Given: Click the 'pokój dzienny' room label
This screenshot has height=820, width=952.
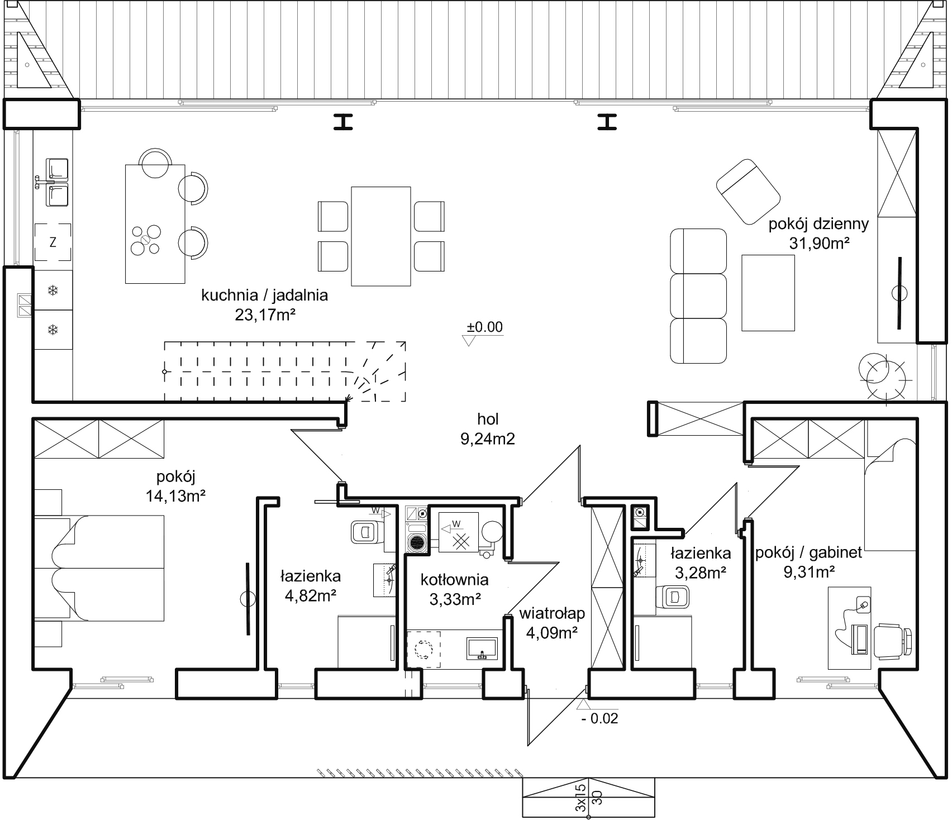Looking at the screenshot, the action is [x=818, y=225].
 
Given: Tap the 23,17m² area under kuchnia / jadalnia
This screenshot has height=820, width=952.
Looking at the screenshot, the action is [x=265, y=315].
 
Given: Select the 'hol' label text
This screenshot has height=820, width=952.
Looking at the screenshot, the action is [x=488, y=418].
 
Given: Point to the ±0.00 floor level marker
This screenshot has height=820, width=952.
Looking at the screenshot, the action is [x=484, y=327].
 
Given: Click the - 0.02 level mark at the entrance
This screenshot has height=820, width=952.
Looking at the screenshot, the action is [x=600, y=718].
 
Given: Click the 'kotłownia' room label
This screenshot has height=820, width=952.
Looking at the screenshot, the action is [x=455, y=579].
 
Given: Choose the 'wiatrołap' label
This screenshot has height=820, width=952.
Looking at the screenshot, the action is [x=552, y=613].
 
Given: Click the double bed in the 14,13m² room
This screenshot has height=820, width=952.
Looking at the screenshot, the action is [x=99, y=568].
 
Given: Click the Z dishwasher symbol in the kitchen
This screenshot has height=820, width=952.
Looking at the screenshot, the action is [x=53, y=242].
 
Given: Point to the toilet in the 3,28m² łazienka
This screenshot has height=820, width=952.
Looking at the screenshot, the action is [x=675, y=597].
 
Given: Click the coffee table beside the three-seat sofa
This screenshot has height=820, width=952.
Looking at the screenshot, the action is [x=768, y=293].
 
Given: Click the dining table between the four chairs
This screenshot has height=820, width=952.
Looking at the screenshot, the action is [x=381, y=236].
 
